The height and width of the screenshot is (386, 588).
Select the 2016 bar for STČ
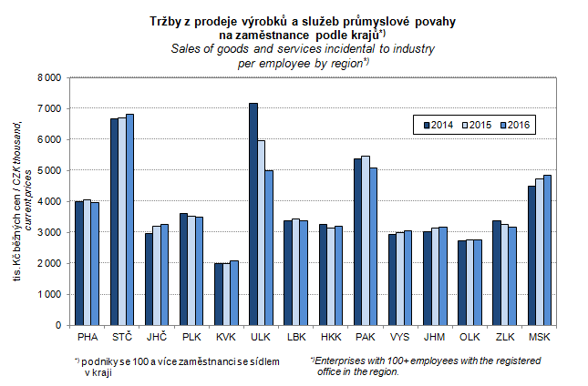[130, 219]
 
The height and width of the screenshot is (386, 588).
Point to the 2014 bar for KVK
[219, 294]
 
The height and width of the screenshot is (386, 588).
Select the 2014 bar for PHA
[79, 263]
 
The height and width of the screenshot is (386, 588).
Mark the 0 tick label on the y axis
[57, 325]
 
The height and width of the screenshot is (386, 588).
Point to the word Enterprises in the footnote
[346, 361]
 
